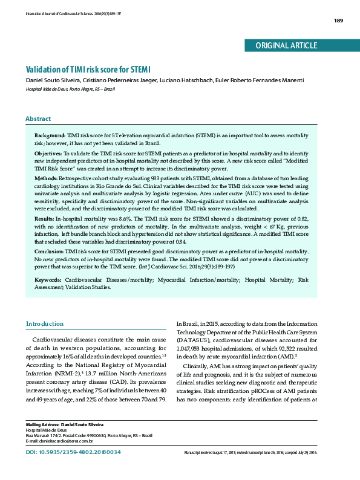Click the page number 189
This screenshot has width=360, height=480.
(x=338, y=21)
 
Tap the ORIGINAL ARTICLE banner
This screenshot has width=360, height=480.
(x=286, y=45)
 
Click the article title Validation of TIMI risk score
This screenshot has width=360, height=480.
(x=87, y=70)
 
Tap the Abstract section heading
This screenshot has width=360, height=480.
(x=38, y=118)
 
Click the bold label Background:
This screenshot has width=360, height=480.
(x=50, y=135)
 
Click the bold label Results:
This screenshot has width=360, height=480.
(x=44, y=217)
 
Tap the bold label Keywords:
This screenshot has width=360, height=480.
(x=48, y=281)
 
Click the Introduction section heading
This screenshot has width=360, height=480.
(x=44, y=324)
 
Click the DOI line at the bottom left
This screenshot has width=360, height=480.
(x=73, y=452)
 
